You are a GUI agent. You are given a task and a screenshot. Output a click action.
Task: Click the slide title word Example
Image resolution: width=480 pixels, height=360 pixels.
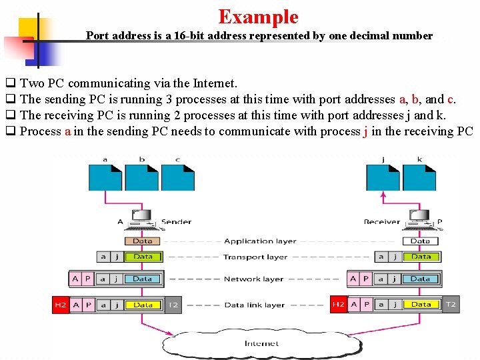258,16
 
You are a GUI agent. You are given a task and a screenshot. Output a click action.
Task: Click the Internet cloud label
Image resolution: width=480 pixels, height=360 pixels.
261,343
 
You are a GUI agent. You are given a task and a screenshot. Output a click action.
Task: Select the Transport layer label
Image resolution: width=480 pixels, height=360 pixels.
255,257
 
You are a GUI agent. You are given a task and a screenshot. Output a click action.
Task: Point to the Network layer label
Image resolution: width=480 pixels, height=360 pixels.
253,279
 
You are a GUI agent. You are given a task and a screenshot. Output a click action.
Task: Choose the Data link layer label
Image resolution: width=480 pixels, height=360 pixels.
254,305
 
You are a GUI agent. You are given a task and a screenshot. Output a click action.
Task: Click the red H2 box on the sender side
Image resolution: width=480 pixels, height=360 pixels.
61,305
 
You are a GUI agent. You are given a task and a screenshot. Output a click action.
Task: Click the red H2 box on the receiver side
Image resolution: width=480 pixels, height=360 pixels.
339,305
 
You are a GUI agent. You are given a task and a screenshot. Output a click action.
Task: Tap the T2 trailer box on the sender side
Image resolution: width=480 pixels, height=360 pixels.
173,305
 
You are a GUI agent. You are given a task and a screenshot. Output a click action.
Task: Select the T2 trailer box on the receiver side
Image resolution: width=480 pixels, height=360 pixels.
451,305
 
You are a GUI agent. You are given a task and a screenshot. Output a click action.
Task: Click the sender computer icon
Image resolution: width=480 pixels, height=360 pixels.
141,218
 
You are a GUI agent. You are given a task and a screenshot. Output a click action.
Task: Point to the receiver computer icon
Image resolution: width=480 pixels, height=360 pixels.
419,218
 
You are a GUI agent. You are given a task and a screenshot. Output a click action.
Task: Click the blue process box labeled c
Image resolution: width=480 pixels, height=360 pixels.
178,177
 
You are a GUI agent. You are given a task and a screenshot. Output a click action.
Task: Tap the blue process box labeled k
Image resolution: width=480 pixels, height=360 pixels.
419,177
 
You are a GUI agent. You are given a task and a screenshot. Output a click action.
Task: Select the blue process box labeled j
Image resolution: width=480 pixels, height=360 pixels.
383,177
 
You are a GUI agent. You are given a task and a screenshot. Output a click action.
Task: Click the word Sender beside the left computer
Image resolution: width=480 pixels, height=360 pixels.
177,221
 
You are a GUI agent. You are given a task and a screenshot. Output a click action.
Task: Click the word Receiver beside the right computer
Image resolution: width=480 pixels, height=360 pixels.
382,221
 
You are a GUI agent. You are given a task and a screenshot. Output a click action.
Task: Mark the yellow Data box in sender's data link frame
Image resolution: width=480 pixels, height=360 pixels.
143,305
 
